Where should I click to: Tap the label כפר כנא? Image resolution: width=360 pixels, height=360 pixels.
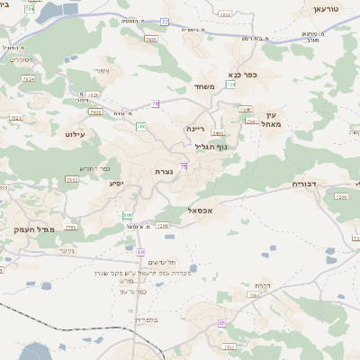tap(243, 75)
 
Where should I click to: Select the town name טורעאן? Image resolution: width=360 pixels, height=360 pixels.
tap(325, 8)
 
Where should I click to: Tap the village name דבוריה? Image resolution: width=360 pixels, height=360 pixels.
tap(306, 184)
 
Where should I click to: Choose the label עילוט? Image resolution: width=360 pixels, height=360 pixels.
tap(75, 133)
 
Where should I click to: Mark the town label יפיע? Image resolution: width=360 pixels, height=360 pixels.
tap(116, 184)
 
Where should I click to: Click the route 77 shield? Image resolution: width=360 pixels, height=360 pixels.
tap(165, 21)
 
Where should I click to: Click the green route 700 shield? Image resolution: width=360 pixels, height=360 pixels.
tap(141, 126)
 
